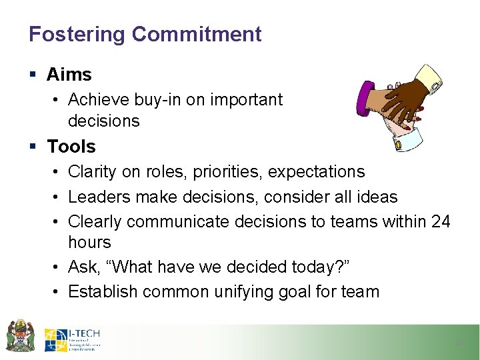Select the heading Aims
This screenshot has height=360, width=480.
point(69,75)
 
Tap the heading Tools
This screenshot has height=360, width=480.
point(71,146)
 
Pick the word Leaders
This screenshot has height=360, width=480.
point(97,197)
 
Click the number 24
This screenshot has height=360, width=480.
point(441,221)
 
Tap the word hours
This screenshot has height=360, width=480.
point(89,242)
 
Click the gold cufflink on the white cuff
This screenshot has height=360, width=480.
point(398,144)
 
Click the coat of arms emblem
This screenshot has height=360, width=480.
point(21,337)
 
